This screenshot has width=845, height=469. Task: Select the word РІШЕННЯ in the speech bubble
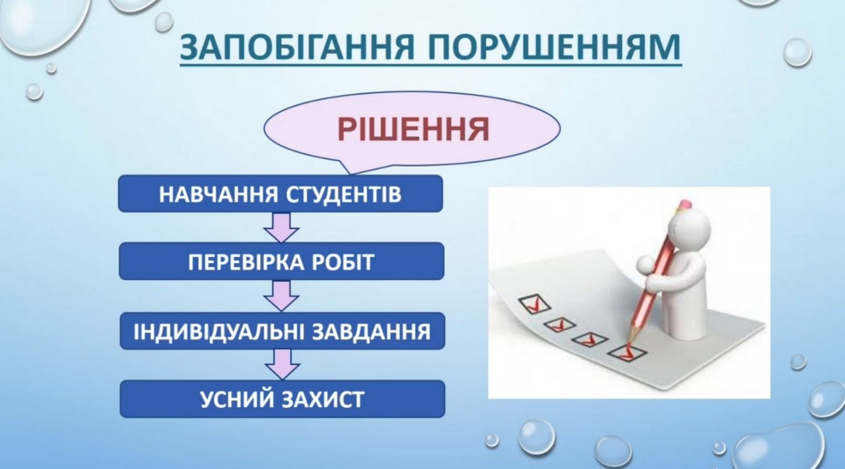(x=413, y=129)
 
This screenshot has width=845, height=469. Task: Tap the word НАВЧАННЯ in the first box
(x=218, y=194)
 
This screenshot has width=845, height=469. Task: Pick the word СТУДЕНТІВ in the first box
(x=344, y=194)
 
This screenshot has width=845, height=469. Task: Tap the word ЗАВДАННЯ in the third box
(x=372, y=332)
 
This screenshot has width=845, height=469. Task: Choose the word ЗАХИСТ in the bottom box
(x=323, y=400)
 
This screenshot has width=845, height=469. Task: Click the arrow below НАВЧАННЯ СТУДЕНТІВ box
(x=281, y=228)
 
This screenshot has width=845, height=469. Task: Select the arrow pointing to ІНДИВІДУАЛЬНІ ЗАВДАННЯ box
(x=281, y=296)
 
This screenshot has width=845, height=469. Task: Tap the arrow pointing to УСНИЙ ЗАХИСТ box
(x=282, y=365)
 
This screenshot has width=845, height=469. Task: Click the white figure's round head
(x=689, y=228)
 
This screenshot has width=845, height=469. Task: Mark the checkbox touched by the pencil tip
(x=627, y=353)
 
